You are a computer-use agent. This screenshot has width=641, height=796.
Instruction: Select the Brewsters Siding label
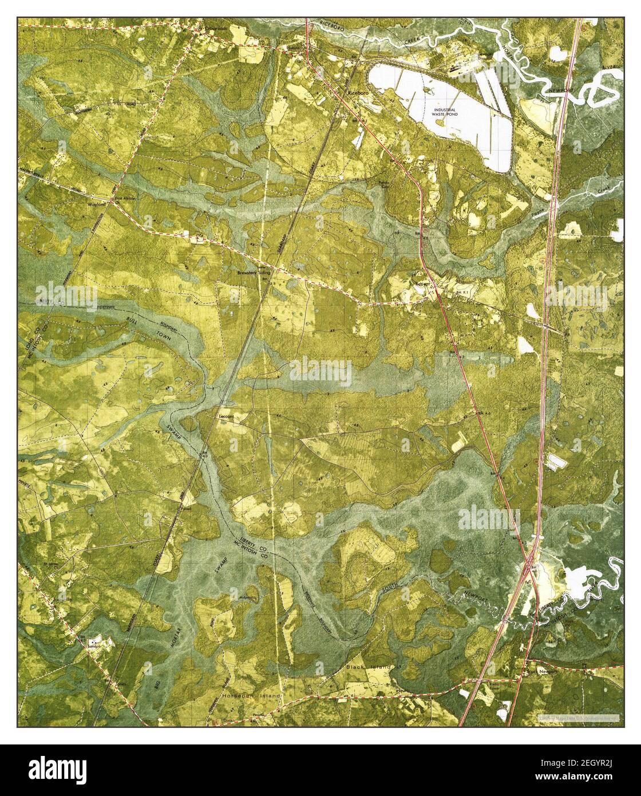[257, 274]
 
